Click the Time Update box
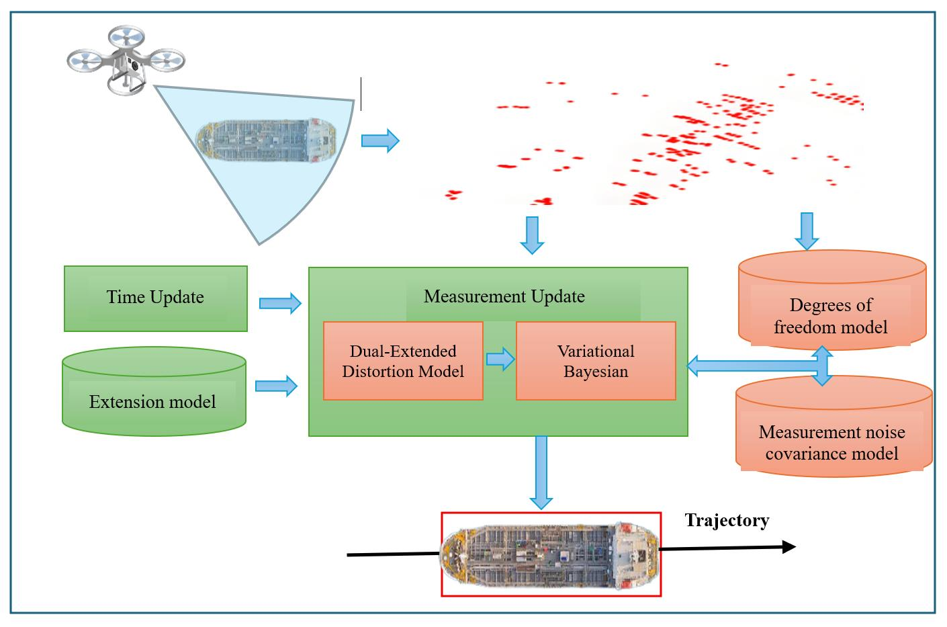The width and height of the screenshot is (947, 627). coord(155,298)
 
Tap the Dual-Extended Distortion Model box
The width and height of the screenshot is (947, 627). coord(403,362)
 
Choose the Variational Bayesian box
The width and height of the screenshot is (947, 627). coord(596,362)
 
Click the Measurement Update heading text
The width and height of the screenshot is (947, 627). coord(504,296)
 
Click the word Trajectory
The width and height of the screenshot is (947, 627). coord(727,520)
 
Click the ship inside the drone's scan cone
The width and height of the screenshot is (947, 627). coord(266,142)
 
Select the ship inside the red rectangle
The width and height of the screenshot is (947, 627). coord(550,554)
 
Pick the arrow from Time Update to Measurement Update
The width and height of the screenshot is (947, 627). coord(280,303)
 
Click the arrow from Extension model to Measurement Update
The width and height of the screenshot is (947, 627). coord(276,386)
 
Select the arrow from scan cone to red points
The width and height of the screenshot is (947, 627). coord(380,141)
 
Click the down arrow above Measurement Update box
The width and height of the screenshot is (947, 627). coord(532,235)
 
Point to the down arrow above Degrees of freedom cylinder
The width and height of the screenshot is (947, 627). coord(807,231)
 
